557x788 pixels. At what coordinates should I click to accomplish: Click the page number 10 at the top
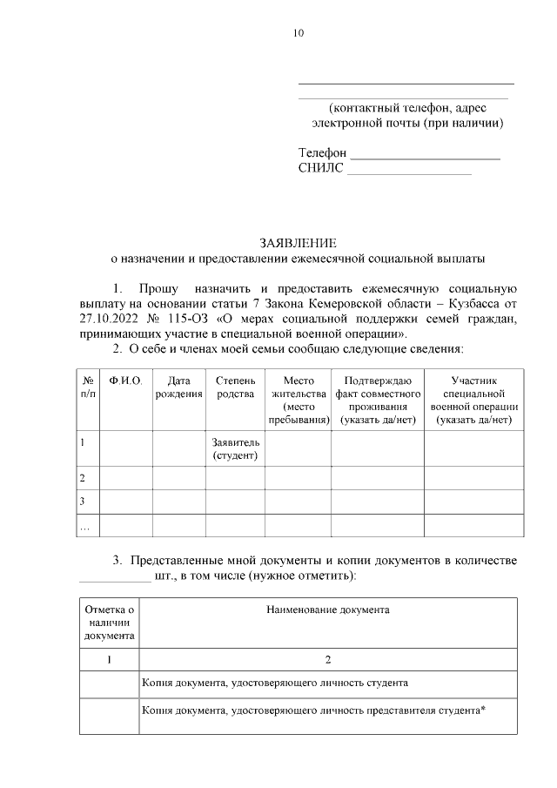[x=299, y=34]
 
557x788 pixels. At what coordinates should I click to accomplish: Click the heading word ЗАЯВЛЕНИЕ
[x=297, y=243]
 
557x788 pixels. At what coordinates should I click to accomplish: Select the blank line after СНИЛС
[x=409, y=172]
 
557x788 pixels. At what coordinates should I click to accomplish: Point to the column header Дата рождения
[x=178, y=387]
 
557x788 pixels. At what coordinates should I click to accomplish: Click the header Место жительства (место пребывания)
[x=299, y=401]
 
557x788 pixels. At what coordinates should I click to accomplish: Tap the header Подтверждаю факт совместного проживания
[x=377, y=401]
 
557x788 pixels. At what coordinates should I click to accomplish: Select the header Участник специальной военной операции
[x=474, y=401]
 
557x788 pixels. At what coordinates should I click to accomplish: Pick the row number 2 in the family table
[x=83, y=478]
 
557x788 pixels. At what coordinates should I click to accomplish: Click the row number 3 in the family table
[x=83, y=502]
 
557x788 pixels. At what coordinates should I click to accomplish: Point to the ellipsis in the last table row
[x=84, y=527]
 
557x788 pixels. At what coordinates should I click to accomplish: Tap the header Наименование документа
[x=327, y=610]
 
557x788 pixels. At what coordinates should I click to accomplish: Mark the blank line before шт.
[x=114, y=576]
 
